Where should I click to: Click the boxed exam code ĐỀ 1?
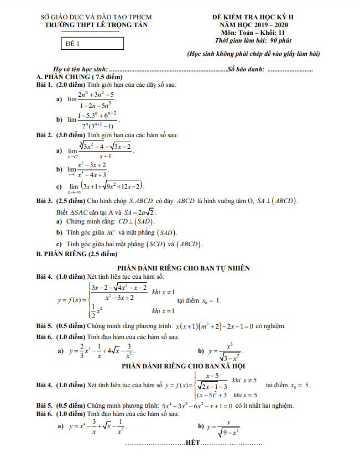point(73,43)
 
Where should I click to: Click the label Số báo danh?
point(246,69)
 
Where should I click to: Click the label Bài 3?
point(44,201)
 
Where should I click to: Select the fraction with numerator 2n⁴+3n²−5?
point(96,100)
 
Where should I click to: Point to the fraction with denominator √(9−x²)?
point(223,428)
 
